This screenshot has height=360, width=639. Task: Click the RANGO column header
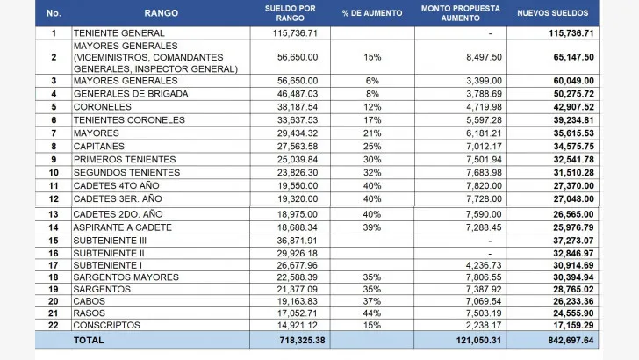click(x=161, y=13)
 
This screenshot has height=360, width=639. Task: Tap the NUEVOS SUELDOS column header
click(x=553, y=13)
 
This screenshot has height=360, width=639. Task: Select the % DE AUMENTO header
click(x=372, y=13)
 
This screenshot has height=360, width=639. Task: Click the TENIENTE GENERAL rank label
click(x=119, y=33)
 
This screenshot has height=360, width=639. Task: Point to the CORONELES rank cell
click(x=103, y=107)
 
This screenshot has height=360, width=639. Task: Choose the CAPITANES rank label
click(x=99, y=146)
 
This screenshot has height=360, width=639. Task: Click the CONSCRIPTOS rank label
click(x=107, y=325)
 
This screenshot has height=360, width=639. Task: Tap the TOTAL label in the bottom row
click(x=89, y=340)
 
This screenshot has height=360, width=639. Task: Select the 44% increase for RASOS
click(x=372, y=313)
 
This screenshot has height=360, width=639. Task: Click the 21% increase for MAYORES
click(x=372, y=133)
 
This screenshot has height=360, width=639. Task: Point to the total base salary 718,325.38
click(x=302, y=340)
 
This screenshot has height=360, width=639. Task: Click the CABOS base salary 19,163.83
click(x=297, y=301)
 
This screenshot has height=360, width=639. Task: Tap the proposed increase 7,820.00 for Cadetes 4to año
click(x=485, y=185)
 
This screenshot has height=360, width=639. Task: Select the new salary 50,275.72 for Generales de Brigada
click(x=573, y=94)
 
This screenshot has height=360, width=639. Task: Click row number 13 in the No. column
click(x=54, y=214)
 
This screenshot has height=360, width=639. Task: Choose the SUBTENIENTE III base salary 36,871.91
click(x=297, y=241)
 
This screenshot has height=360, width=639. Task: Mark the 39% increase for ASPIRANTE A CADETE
click(x=372, y=227)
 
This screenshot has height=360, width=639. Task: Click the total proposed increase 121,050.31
click(x=478, y=340)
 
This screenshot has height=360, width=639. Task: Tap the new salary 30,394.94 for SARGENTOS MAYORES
click(x=573, y=277)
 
